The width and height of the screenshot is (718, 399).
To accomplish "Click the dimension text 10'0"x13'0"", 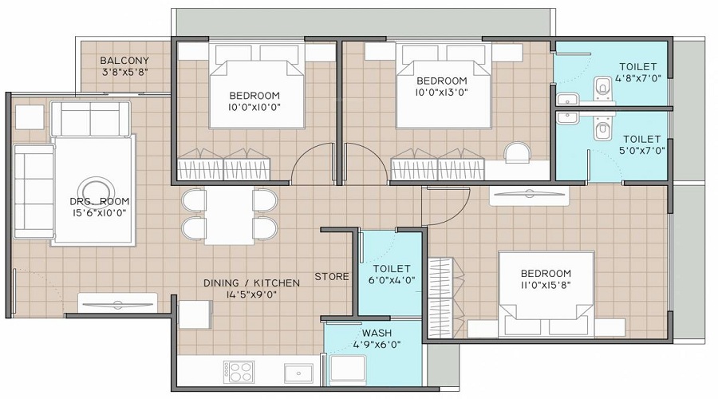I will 441,93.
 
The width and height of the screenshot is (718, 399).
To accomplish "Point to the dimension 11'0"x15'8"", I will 546,284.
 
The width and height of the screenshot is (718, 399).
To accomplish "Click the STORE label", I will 332,277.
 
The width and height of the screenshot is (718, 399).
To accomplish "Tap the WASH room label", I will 376,333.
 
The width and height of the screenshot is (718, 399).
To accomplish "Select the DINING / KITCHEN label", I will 251,282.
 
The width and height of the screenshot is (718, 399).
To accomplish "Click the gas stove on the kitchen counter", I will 240,372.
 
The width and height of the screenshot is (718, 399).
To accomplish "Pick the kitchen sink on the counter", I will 299,372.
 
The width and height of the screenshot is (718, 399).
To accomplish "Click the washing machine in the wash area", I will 348,370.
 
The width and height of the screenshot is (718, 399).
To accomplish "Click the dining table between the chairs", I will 228,215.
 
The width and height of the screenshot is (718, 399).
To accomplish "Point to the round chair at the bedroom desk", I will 517,152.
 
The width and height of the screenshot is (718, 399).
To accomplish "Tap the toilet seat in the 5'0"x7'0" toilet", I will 602,130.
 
